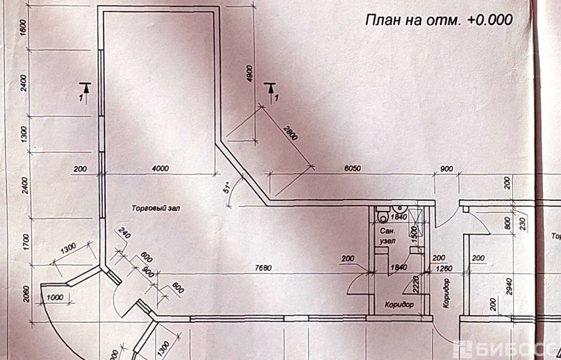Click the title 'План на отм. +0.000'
[x=438, y=19]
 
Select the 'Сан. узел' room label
[x=388, y=236]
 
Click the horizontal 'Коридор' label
[x=399, y=304]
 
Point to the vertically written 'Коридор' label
[x=447, y=293]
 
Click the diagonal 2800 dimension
[x=291, y=133]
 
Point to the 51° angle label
[x=228, y=187]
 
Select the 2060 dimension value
[x=25, y=296]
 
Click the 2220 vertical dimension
[x=415, y=280]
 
